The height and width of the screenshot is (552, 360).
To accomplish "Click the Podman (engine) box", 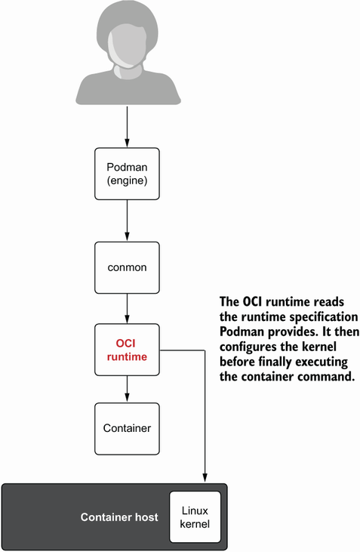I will point(126,173).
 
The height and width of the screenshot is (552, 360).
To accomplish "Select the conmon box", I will point(126,267).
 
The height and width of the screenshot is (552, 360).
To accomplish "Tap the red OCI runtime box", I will point(126,349).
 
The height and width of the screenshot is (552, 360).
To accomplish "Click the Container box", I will point(126,428).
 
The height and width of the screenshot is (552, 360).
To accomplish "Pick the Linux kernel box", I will point(195,517).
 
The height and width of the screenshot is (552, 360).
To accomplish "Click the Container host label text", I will point(119,518).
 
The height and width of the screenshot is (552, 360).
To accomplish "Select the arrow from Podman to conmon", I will point(126,220).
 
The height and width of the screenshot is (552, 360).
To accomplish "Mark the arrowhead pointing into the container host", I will point(204,477).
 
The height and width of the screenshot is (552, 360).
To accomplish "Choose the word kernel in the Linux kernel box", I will point(195,524).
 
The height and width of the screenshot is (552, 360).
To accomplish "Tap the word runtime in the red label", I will point(126,356).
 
